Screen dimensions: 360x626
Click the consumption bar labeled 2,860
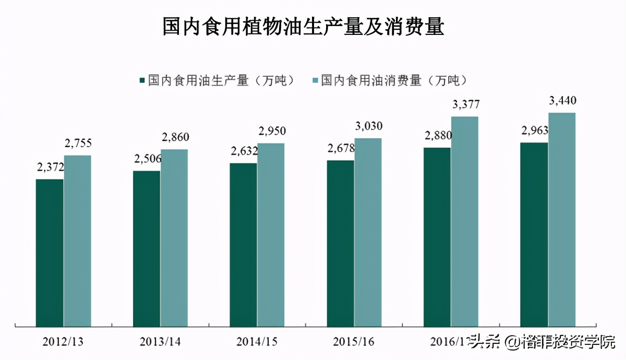pos(174,238)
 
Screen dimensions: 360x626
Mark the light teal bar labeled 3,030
pos(368,232)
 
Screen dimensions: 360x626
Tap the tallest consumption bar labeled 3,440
pos(562,220)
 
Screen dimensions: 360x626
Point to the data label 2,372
pos(50,167)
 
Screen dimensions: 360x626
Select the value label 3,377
pos(465,104)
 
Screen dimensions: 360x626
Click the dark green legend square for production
pos(141,81)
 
